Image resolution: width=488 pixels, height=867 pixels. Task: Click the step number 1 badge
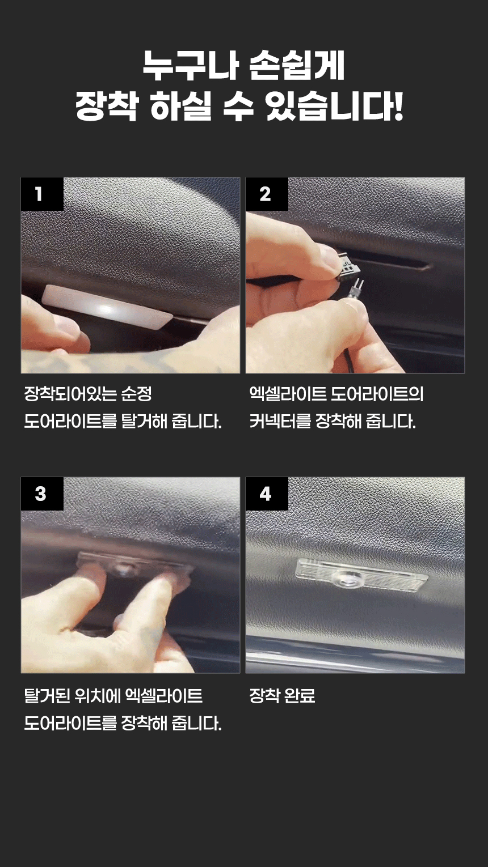[42, 194]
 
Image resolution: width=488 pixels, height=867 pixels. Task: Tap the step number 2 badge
[267, 194]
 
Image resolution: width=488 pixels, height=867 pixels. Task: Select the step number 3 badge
[42, 494]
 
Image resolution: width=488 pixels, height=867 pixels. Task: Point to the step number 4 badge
[267, 494]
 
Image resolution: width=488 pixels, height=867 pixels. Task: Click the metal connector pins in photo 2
[356, 288]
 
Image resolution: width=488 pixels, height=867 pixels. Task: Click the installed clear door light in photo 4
[361, 575]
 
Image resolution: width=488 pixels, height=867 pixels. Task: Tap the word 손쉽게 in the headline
[297, 66]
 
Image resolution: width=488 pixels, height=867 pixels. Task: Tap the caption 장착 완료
[282, 696]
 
